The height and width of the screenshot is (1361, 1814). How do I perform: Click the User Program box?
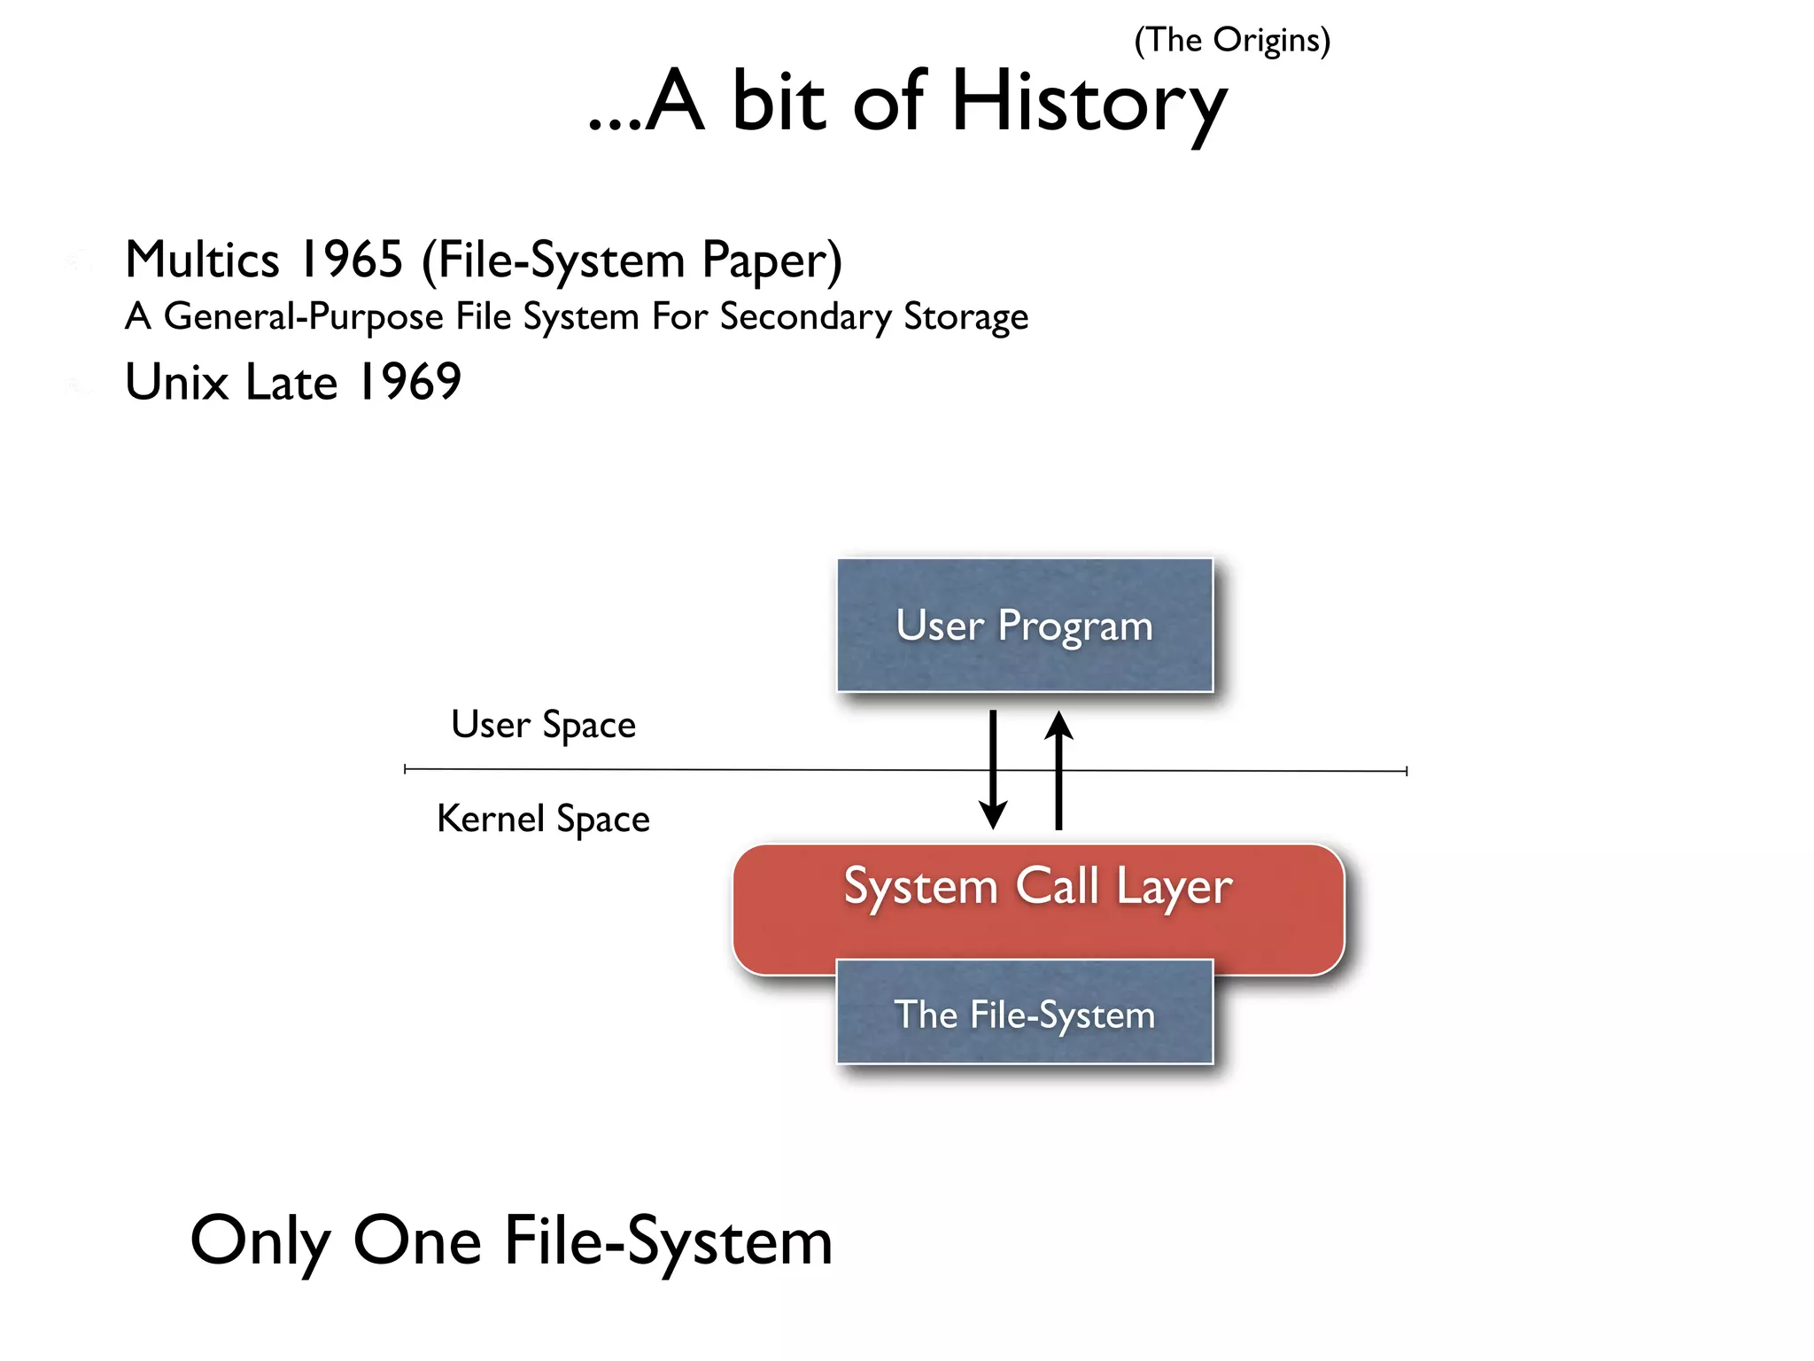point(1025,625)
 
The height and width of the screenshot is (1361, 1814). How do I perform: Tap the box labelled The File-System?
point(1025,1014)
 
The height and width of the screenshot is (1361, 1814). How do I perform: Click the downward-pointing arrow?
point(993,769)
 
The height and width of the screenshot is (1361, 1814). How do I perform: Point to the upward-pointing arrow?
point(1058,769)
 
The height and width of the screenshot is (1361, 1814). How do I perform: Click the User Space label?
point(544,725)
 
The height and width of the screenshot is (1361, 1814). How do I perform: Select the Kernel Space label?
point(544,819)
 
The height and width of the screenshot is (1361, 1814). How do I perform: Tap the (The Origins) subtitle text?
point(1232,41)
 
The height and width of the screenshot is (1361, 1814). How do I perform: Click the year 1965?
point(352,260)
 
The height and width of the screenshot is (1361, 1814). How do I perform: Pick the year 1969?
point(408,382)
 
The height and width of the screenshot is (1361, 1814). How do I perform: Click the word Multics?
point(203,260)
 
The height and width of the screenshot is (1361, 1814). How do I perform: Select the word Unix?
point(177,382)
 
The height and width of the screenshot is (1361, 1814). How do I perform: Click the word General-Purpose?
point(303,316)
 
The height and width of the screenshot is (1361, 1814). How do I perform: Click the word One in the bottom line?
point(417,1240)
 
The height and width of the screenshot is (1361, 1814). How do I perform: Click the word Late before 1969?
point(291,382)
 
